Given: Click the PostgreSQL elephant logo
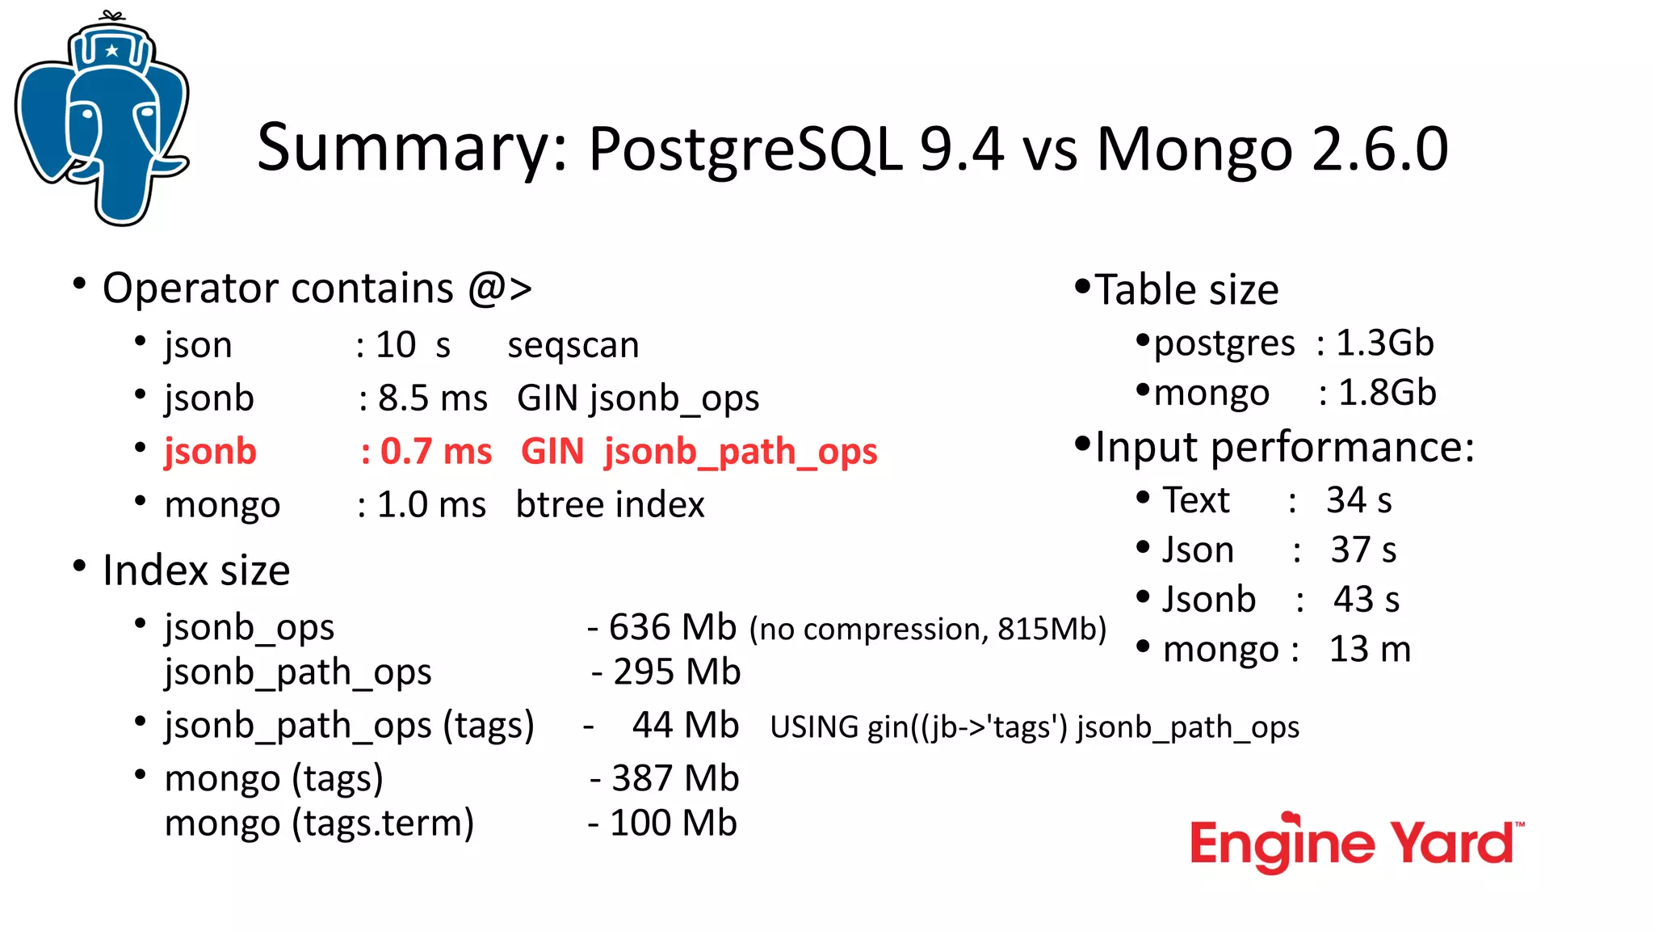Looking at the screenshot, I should (103, 121).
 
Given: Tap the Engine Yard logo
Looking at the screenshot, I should (1355, 844).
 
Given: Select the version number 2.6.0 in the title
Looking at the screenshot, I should (1379, 150).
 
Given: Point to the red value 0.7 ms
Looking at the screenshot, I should (435, 451).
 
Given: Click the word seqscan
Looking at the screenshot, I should (573, 345).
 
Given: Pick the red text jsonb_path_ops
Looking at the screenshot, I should (740, 451).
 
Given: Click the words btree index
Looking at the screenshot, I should (610, 504).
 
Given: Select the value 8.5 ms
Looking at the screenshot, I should (432, 398).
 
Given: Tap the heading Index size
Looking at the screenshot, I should (196, 571).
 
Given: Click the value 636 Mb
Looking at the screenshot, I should (672, 627).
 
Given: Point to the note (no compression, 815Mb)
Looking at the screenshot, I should (927, 629).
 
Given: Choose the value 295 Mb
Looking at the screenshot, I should (676, 672).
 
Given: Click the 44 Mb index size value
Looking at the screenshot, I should (685, 725).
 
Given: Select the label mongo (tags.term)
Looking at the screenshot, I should (319, 824).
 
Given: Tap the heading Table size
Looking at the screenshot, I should (1186, 289).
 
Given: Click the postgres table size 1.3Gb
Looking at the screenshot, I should (1384, 343).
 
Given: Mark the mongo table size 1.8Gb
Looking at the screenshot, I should (1387, 393).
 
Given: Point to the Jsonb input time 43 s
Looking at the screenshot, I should (1366, 600).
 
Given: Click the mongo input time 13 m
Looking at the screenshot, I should (1370, 649).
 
